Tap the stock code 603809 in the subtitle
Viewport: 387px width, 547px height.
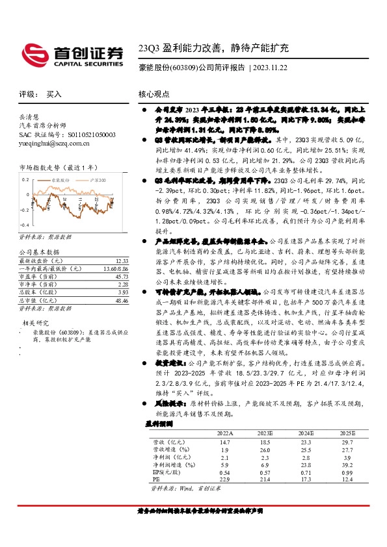tap(181, 67)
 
